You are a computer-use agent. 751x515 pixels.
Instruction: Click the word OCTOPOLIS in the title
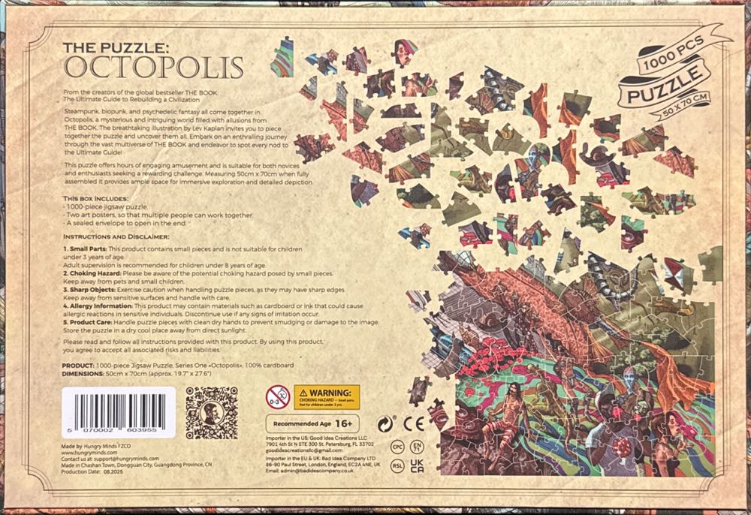(x=154, y=67)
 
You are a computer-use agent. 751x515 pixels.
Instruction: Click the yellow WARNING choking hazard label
(x=327, y=396)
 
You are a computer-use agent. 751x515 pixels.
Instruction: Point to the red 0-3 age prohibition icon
(x=277, y=396)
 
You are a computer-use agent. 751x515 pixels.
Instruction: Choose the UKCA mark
(x=418, y=465)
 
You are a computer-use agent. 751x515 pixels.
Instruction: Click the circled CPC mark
(x=398, y=445)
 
